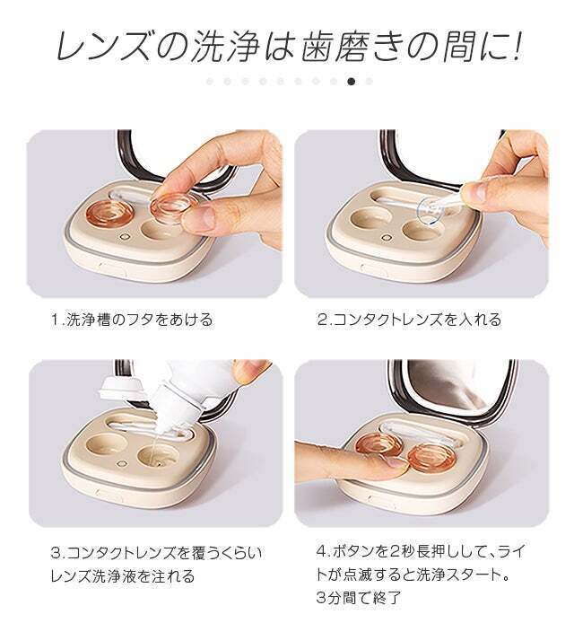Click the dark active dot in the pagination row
tap(351, 82)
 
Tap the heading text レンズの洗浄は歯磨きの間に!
tap(288, 47)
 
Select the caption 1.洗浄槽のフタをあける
tap(132, 320)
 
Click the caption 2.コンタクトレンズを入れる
tap(409, 320)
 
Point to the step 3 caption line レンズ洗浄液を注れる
tap(123, 575)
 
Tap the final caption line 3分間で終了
tap(359, 597)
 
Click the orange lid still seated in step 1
tap(110, 214)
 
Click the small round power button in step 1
tap(125, 237)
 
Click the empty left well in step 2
tap(372, 219)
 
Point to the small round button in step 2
tap(385, 237)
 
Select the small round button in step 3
tap(121, 463)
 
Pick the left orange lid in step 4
tap(377, 444)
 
